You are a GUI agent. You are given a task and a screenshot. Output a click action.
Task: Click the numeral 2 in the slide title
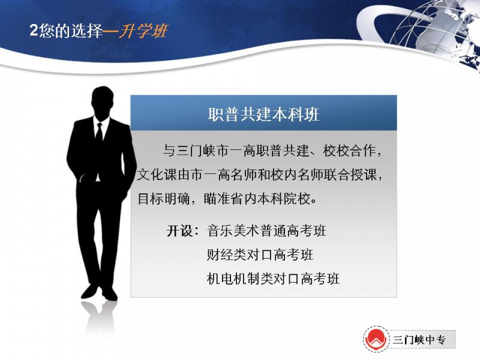34,31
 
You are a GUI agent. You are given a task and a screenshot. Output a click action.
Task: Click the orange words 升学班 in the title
143,31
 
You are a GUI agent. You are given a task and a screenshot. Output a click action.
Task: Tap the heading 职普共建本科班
263,114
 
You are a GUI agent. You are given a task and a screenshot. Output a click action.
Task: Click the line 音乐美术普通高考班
266,230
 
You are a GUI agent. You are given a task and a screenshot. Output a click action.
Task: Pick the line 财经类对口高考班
260,254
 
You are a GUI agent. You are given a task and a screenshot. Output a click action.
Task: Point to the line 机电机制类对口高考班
273,278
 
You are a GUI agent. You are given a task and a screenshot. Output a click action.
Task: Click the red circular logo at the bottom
376,339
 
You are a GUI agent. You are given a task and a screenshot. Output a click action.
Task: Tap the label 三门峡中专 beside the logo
419,340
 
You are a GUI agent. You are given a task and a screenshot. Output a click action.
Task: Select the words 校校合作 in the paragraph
349,151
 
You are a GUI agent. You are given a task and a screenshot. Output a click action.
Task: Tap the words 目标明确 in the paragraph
164,199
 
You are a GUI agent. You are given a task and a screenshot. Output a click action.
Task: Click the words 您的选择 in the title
71,31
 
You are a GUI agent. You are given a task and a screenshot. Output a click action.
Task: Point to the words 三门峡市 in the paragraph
203,151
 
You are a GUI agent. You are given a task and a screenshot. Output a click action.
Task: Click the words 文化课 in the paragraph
157,175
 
